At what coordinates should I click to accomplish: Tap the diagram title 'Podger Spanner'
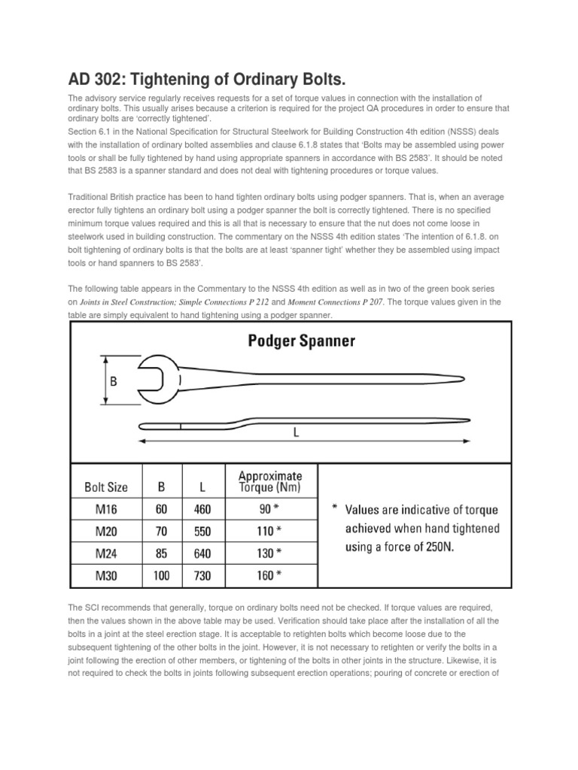tap(302, 341)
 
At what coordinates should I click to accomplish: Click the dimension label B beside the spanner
tap(114, 381)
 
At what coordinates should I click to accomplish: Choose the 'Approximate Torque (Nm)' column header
tap(270, 481)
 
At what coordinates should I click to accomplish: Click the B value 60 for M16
tap(162, 509)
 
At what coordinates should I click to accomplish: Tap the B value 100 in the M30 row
tap(162, 577)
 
